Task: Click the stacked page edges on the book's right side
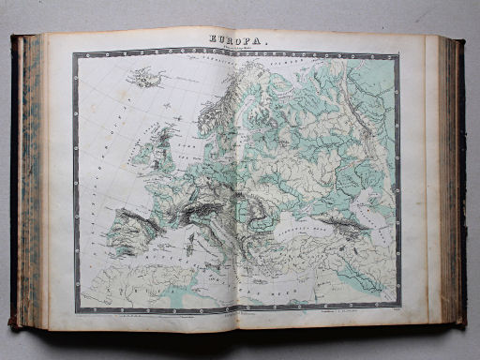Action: [x=448, y=178]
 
